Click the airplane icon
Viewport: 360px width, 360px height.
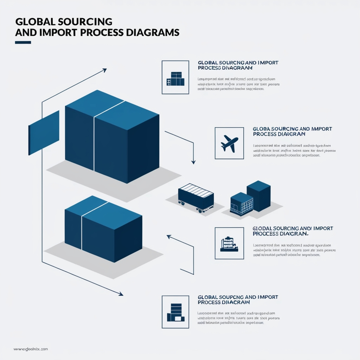click(229, 144)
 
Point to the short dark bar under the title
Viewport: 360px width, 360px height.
click(23, 43)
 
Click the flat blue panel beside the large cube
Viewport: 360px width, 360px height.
click(44, 133)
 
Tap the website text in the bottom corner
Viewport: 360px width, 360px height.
click(31, 349)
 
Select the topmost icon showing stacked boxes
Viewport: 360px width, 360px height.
click(175, 79)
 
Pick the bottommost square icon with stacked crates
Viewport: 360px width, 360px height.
click(175, 312)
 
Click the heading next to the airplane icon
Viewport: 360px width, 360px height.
click(292, 131)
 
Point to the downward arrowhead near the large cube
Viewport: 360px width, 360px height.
click(193, 162)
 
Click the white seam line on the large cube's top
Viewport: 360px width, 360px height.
click(109, 109)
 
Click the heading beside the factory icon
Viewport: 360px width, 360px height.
click(292, 231)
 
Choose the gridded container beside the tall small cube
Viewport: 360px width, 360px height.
click(242, 204)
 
